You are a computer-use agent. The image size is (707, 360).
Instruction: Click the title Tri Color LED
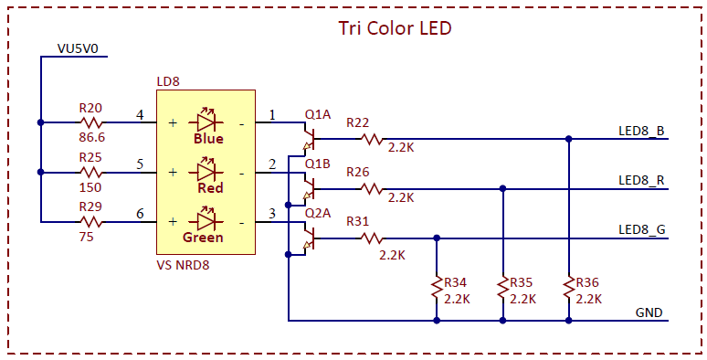click(395, 28)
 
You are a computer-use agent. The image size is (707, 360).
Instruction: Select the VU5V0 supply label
click(77, 48)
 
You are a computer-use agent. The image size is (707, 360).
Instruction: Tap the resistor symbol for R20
click(91, 122)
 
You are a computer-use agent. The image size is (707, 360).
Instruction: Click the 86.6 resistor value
click(92, 137)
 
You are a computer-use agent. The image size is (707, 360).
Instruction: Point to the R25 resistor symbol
click(91, 173)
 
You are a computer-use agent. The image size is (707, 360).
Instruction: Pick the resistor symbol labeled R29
click(91, 222)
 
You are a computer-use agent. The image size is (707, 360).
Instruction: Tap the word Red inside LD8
click(211, 187)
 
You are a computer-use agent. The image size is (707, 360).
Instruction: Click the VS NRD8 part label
click(182, 265)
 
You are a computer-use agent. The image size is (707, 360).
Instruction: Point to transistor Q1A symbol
click(309, 137)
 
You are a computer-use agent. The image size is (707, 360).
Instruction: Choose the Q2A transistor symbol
click(309, 237)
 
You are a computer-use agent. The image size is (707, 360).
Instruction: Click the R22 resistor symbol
click(371, 139)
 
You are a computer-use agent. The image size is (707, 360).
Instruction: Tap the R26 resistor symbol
click(371, 188)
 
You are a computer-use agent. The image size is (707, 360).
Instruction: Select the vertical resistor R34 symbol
click(437, 287)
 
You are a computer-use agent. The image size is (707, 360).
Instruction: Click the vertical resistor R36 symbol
click(569, 287)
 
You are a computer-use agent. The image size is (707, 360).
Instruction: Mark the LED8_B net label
click(641, 132)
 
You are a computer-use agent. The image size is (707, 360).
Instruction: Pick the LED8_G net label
click(642, 230)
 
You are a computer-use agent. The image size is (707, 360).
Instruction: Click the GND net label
click(649, 312)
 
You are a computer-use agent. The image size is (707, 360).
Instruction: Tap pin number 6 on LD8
click(141, 214)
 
